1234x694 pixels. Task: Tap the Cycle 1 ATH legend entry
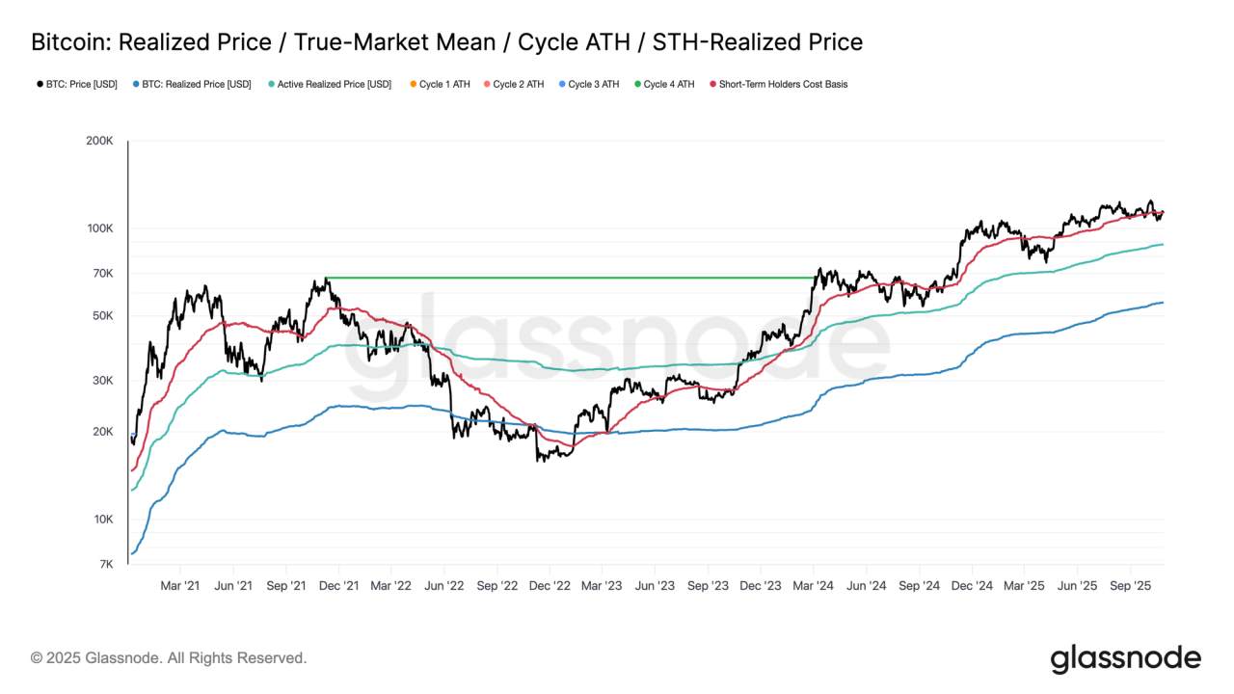point(444,85)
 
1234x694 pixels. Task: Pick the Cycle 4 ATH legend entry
point(668,85)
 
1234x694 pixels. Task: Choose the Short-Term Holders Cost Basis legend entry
point(783,85)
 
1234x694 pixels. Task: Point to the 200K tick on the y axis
point(99,141)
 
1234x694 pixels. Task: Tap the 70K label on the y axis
point(102,274)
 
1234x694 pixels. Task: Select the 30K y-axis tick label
point(102,381)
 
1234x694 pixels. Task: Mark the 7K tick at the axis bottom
point(105,565)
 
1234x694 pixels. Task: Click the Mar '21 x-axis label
point(180,585)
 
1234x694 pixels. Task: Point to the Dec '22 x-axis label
point(550,585)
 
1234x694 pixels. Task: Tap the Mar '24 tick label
point(813,585)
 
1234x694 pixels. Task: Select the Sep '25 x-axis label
point(1130,585)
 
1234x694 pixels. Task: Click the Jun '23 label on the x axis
point(655,585)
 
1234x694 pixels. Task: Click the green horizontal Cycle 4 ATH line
point(569,278)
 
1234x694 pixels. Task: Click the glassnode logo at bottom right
point(1125,658)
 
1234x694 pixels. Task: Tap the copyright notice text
point(169,658)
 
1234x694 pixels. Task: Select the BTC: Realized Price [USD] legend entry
point(197,85)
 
